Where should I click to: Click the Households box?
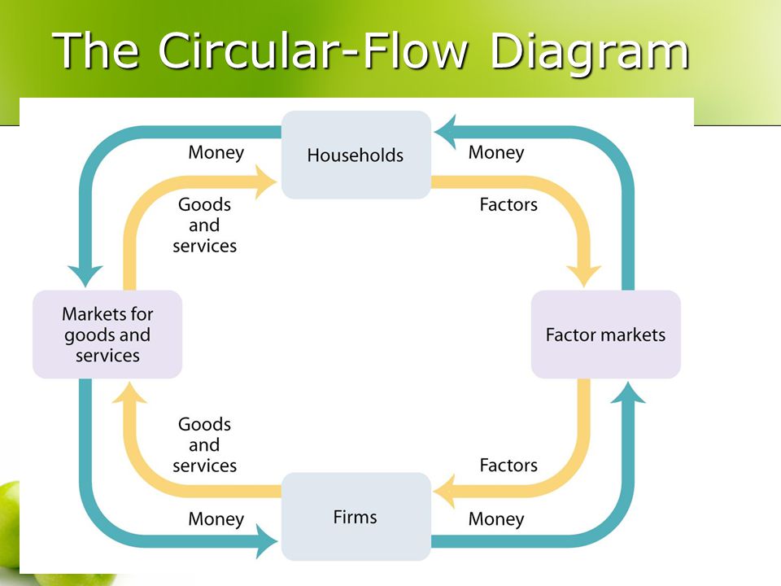pyautogui.click(x=356, y=155)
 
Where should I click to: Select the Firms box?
pyautogui.click(x=356, y=517)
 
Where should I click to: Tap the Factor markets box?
pyautogui.click(x=605, y=335)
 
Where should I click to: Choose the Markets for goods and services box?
pyautogui.click(x=107, y=335)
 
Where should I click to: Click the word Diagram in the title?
pyautogui.click(x=590, y=51)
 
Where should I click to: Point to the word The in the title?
pyautogui.click(x=95, y=50)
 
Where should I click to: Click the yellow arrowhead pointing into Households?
pyautogui.click(x=267, y=181)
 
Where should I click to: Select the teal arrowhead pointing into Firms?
pyautogui.click(x=267, y=541)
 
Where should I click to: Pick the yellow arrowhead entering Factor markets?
pyautogui.click(x=584, y=277)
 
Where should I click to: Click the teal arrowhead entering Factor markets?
pyautogui.click(x=628, y=392)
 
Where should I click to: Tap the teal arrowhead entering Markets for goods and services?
pyautogui.click(x=85, y=277)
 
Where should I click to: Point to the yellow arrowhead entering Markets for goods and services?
pyautogui.click(x=129, y=392)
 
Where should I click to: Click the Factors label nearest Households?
pyautogui.click(x=508, y=204)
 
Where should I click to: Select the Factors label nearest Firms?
pyautogui.click(x=508, y=465)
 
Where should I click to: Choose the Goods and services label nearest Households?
pyautogui.click(x=205, y=225)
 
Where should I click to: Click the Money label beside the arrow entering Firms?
pyautogui.click(x=216, y=519)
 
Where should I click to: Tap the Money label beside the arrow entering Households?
pyautogui.click(x=496, y=152)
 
